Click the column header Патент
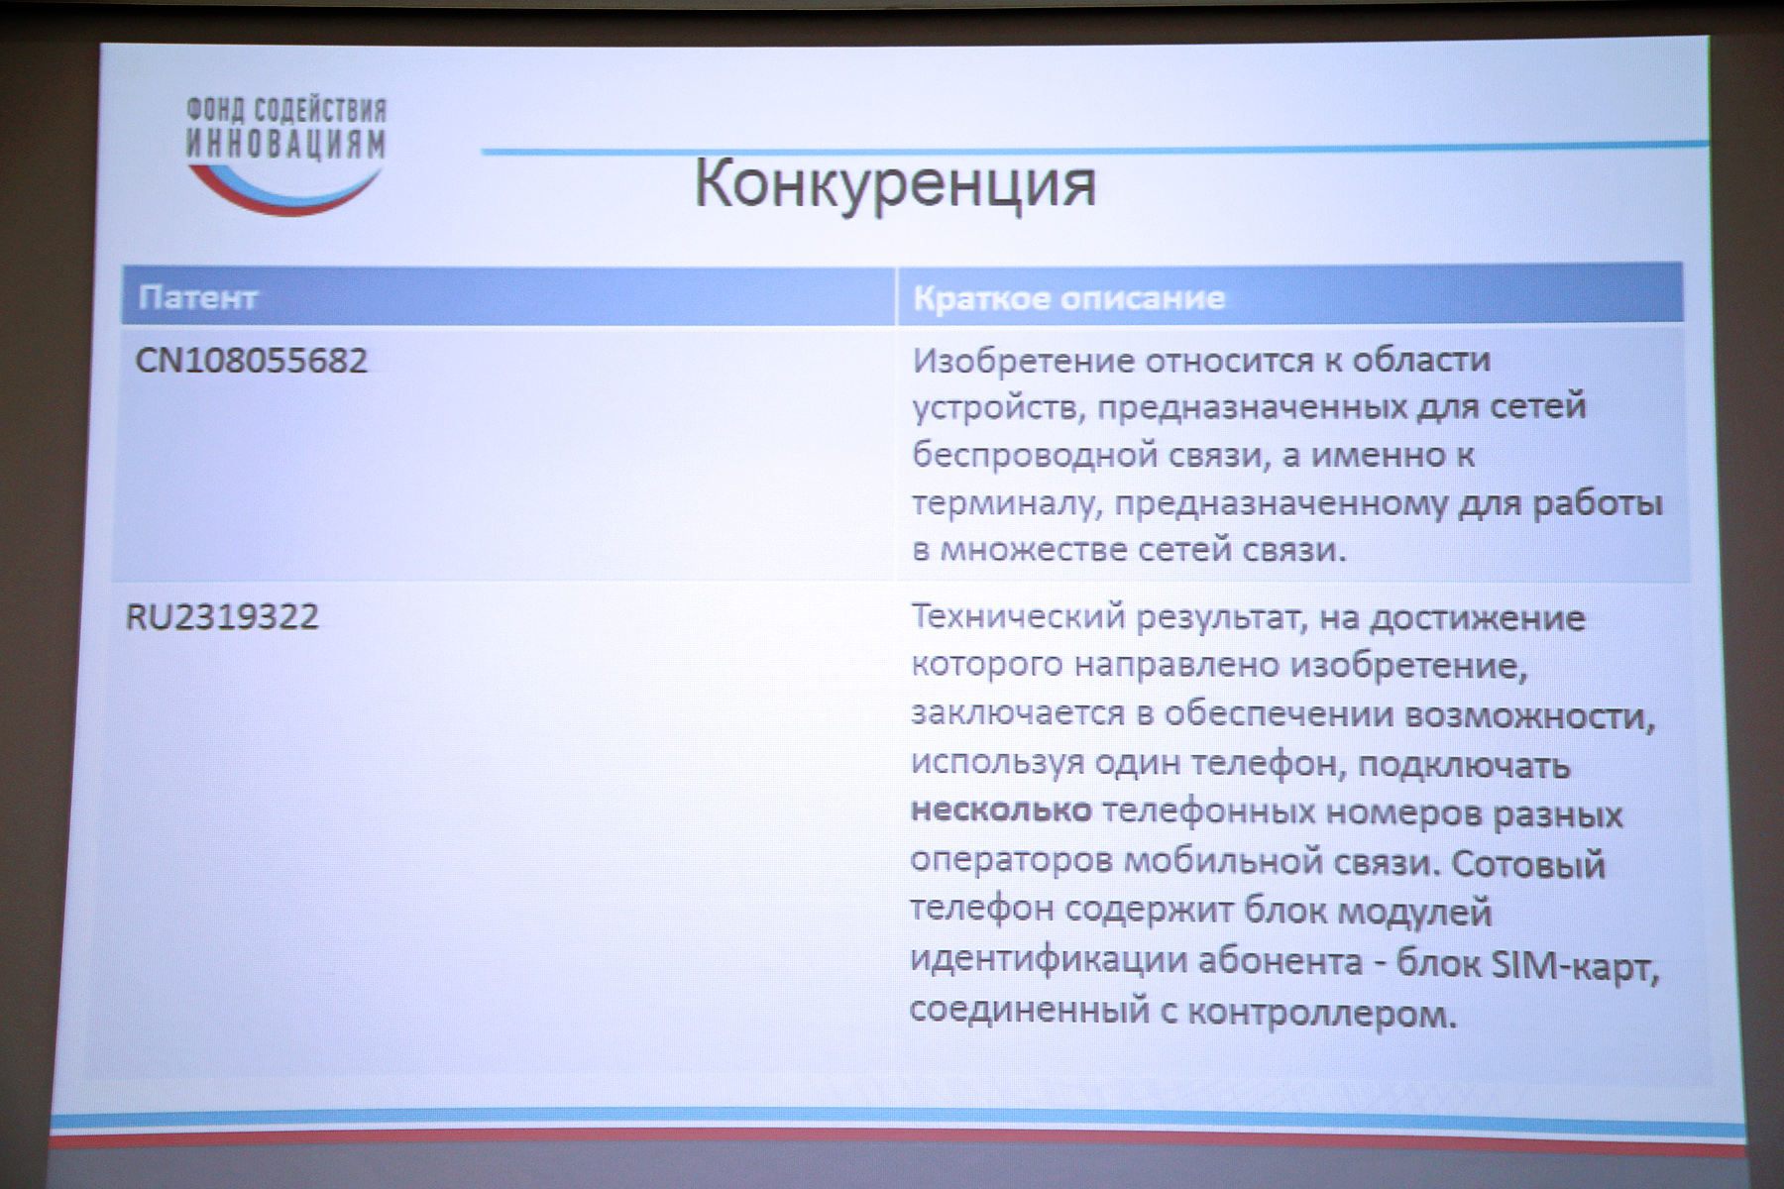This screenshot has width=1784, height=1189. [198, 297]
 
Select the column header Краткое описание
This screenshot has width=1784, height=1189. [1068, 298]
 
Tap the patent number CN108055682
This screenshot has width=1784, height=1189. [251, 360]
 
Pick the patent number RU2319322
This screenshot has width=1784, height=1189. [222, 617]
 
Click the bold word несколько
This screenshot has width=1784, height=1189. [1001, 811]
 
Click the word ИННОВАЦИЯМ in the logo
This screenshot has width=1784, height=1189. [286, 145]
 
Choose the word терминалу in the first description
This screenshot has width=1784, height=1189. [1006, 504]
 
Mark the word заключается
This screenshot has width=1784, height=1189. [1017, 713]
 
